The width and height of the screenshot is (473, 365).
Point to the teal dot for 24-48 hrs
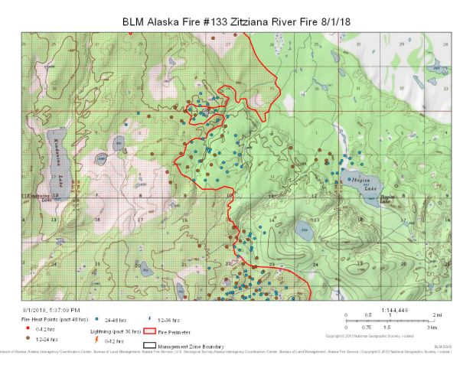tap(97, 318)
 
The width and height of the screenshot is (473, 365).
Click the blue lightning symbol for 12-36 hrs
tap(148, 318)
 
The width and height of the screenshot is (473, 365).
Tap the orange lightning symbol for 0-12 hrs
tap(96, 339)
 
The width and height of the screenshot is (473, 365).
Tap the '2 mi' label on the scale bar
tap(437, 314)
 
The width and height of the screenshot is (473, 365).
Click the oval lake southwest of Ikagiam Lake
tap(304, 232)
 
